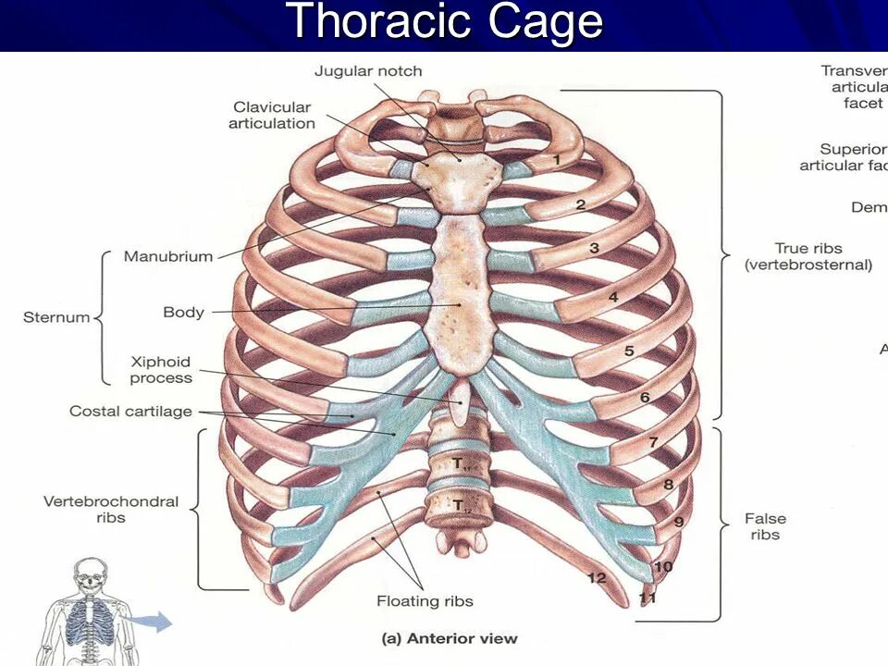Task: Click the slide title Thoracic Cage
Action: pos(445,22)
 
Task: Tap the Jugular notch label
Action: pos(368,71)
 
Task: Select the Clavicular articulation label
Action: pos(272,116)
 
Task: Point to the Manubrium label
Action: pos(168,256)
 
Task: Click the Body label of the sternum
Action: pos(183,312)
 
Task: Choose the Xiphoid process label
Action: pos(161,369)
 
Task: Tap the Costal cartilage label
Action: pos(130,411)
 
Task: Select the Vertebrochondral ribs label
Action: pos(111,510)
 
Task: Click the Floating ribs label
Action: pos(425,601)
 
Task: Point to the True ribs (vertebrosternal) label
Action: pos(808,256)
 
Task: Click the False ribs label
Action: pos(764,526)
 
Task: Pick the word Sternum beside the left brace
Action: pos(56,317)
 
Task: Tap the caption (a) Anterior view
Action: pos(450,638)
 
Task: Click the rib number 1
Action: pos(557,160)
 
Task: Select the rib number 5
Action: pos(629,351)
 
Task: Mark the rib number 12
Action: pos(597,578)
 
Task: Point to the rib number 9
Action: pos(678,523)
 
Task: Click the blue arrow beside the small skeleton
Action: pos(152,622)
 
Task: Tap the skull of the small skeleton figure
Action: pos(92,573)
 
